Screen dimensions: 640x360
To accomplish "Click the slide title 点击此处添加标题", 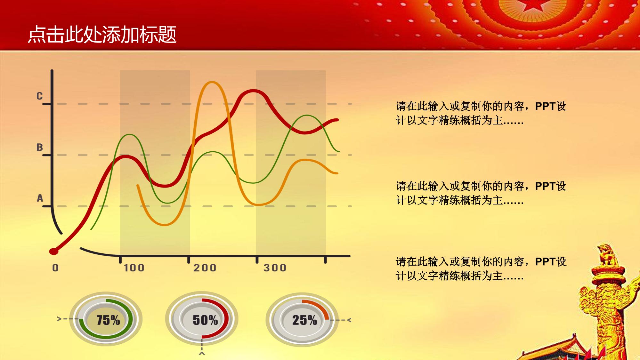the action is click(102, 35).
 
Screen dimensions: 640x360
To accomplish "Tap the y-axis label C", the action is click(39, 96).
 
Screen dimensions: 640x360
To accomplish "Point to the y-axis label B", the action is click(39, 147).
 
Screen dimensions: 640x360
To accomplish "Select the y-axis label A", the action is click(40, 198).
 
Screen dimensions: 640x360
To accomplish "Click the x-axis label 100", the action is click(134, 268).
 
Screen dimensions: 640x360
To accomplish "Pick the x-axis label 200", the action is click(205, 268).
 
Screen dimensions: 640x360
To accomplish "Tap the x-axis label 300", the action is click(275, 268).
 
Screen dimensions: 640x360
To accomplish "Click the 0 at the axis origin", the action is click(55, 268).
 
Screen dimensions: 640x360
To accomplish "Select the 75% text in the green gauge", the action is click(108, 320).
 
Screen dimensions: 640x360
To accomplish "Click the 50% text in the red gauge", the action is click(205, 320).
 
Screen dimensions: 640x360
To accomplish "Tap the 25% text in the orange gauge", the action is click(304, 320).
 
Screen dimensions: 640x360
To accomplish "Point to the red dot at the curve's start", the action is click(54, 251).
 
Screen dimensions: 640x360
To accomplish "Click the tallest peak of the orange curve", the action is click(212, 83).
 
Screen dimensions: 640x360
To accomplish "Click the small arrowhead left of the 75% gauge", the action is click(59, 319).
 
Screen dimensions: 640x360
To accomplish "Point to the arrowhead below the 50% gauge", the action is click(202, 353).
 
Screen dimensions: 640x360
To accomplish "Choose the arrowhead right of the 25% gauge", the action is click(349, 320).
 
